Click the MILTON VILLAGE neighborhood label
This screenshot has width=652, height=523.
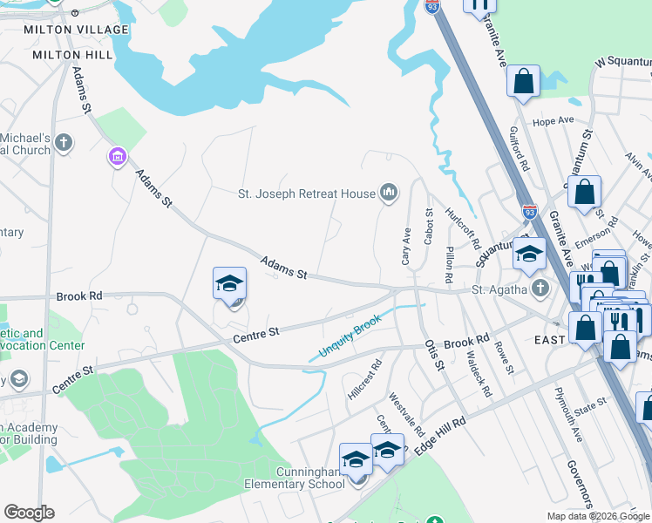click(77, 30)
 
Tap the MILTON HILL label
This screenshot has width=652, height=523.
click(72, 54)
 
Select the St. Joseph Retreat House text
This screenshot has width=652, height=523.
click(307, 194)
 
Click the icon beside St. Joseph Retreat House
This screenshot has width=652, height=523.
click(389, 193)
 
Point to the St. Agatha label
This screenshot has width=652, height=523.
click(499, 289)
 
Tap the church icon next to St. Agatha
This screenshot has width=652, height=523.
click(540, 288)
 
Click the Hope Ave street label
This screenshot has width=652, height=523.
click(554, 121)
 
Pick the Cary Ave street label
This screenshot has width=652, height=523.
click(406, 248)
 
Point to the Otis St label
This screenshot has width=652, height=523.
click(433, 355)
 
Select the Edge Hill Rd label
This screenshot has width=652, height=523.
click(440, 433)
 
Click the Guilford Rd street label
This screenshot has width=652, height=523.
click(519, 147)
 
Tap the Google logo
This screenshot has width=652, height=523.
click(29, 513)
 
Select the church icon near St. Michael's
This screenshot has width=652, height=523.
click(63, 142)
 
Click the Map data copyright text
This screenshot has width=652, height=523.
click(597, 516)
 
